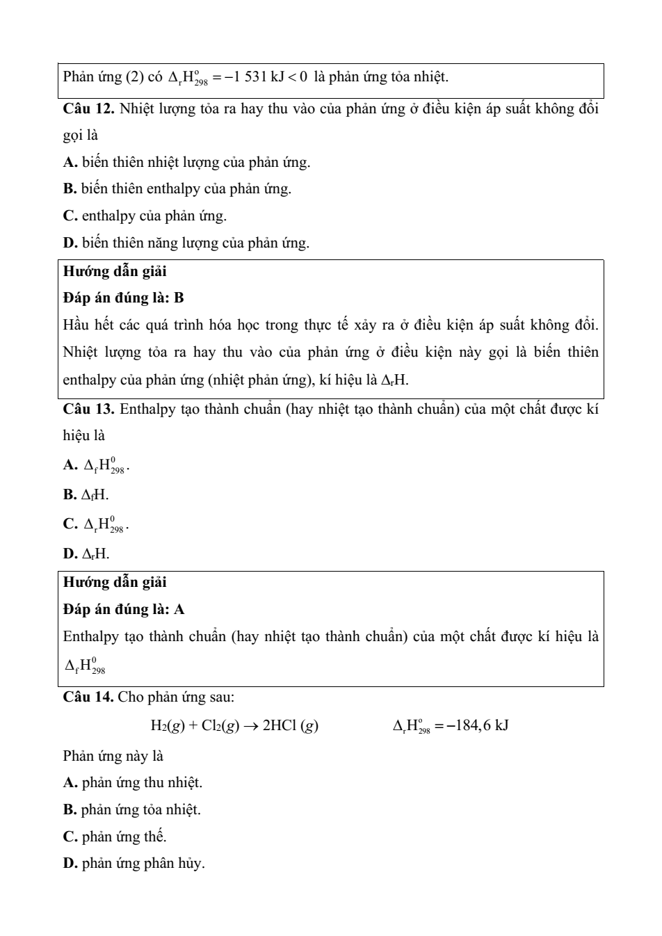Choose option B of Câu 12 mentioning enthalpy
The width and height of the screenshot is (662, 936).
tap(177, 188)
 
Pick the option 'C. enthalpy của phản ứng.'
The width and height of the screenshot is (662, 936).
tap(145, 216)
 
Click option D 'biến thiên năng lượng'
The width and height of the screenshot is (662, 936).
tap(186, 243)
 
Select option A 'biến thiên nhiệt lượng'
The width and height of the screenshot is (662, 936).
tap(186, 162)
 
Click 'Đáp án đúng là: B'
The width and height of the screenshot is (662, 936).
tap(123, 298)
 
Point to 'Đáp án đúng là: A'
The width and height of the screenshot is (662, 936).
tap(123, 609)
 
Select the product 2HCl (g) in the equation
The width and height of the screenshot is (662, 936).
tap(291, 726)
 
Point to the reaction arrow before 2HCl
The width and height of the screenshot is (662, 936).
tap(251, 726)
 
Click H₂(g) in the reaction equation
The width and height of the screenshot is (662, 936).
tap(168, 726)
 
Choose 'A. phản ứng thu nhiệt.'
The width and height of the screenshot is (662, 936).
tap(133, 782)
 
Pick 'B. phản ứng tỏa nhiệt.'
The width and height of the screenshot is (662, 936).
tap(132, 809)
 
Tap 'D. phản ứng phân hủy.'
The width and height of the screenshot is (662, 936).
tap(134, 864)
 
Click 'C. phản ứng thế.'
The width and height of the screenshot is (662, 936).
tap(115, 837)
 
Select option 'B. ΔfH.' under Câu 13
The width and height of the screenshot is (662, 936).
tap(86, 494)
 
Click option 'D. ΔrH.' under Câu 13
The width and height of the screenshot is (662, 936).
tap(86, 554)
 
